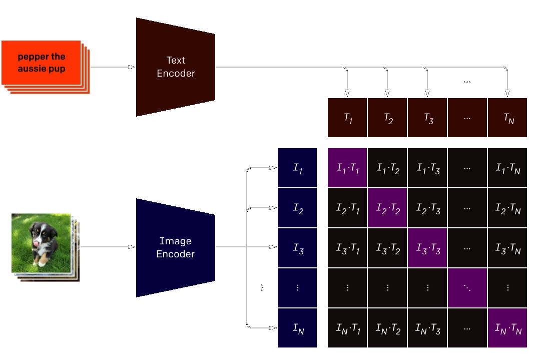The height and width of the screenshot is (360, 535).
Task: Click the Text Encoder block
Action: click(175, 67)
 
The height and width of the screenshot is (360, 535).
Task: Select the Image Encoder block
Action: click(175, 247)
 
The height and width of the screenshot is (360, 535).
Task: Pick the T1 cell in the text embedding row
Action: click(347, 118)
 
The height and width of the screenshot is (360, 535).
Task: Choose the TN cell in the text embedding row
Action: click(507, 118)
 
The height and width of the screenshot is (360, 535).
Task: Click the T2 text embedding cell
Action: click(387, 118)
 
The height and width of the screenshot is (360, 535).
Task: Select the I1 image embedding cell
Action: click(297, 168)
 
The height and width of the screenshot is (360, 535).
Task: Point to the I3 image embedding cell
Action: click(297, 248)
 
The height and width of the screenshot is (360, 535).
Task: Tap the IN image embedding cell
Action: click(297, 328)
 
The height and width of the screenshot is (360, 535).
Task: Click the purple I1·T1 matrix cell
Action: click(347, 168)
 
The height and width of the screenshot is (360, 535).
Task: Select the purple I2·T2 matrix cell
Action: click(387, 208)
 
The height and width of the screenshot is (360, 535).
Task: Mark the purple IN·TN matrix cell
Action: click(507, 328)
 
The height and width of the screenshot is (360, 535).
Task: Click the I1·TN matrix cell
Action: click(507, 168)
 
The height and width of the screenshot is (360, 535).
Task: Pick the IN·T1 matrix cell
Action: click(347, 328)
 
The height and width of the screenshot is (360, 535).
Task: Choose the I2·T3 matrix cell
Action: click(427, 208)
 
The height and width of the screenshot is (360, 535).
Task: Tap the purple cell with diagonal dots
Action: click(467, 288)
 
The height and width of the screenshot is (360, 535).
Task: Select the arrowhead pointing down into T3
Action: click(427, 93)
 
